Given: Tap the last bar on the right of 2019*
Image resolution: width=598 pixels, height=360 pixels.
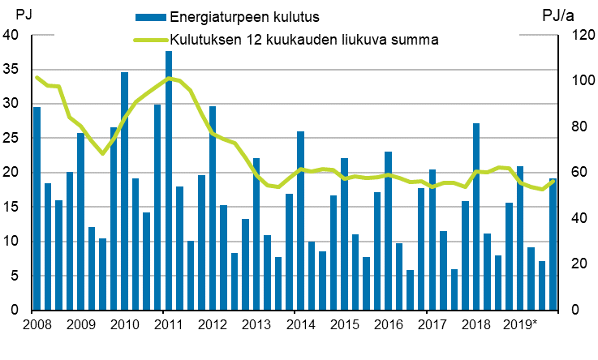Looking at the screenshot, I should coord(553,244).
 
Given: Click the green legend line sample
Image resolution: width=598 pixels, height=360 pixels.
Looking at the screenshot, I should coord(151,39).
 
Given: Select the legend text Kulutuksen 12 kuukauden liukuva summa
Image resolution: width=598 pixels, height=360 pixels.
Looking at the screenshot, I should coord(304,39).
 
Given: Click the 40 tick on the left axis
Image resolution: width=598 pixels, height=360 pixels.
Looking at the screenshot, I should coord(11,35).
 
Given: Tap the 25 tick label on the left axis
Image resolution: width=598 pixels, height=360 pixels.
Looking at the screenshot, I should coord(11,138).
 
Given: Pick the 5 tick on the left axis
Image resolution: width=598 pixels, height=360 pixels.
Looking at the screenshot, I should coord(15,276).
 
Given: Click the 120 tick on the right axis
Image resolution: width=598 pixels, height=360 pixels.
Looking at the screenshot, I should coord(577,35).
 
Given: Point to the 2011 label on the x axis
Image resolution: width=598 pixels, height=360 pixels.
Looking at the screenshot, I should coord(167,326).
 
